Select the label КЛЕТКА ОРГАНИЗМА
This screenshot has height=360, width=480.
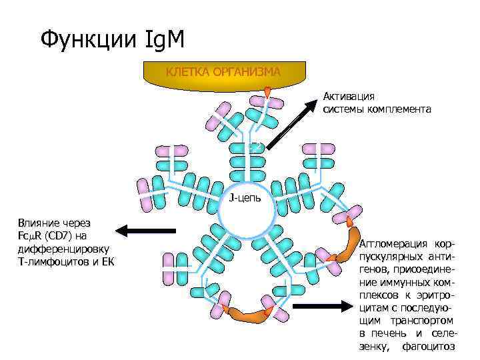pos(223,71)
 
